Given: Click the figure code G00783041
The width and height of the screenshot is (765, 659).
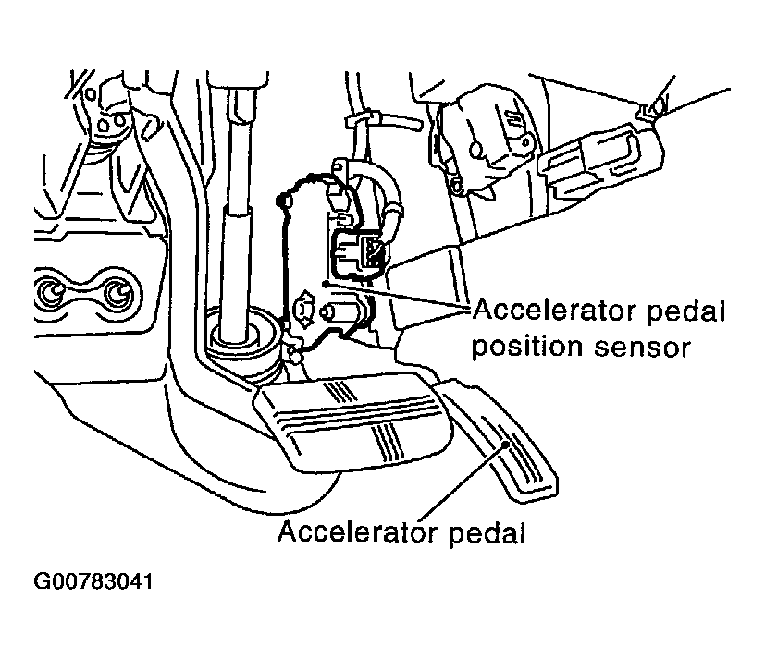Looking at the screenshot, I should [93, 585].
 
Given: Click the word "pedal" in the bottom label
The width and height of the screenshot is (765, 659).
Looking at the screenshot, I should [491, 533].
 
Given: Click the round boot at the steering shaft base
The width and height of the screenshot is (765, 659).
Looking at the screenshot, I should [243, 342].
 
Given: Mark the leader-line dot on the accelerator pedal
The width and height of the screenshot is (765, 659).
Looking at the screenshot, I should [505, 445].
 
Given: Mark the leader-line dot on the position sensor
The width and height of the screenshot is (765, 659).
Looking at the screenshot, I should [324, 283].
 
